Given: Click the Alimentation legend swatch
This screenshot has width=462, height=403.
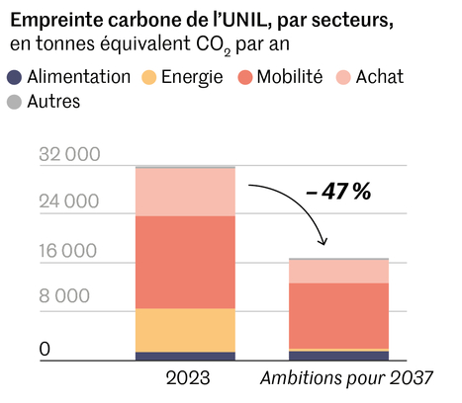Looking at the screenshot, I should (x=15, y=77).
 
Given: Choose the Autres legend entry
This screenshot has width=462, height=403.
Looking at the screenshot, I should (x=53, y=101).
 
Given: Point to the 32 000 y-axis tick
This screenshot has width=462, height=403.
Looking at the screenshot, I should (x=70, y=156).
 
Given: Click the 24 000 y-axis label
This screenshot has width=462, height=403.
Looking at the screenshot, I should (x=70, y=202).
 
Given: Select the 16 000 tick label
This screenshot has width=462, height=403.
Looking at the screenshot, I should (x=70, y=250).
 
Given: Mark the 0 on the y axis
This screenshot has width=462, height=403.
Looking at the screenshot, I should (x=44, y=349).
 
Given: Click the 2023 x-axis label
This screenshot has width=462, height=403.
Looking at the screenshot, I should (x=186, y=380).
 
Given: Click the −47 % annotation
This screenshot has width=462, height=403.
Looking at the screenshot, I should (x=338, y=192).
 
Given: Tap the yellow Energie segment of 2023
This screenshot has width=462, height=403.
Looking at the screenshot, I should (x=186, y=330).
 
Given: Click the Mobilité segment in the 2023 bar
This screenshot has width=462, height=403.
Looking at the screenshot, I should (x=186, y=262).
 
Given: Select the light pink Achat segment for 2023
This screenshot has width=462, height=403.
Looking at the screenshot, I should (x=186, y=192).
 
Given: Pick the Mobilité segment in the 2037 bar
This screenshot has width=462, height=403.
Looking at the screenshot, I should (x=339, y=315).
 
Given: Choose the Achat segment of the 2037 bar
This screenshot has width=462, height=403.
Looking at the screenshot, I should (x=339, y=271).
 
